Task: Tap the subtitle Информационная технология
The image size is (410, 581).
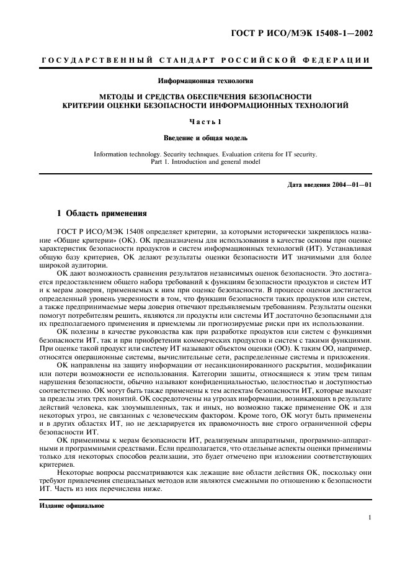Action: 205,81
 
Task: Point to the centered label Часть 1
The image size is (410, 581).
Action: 205,122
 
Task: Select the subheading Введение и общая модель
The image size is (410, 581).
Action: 205,137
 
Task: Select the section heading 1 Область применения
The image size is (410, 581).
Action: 102,213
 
